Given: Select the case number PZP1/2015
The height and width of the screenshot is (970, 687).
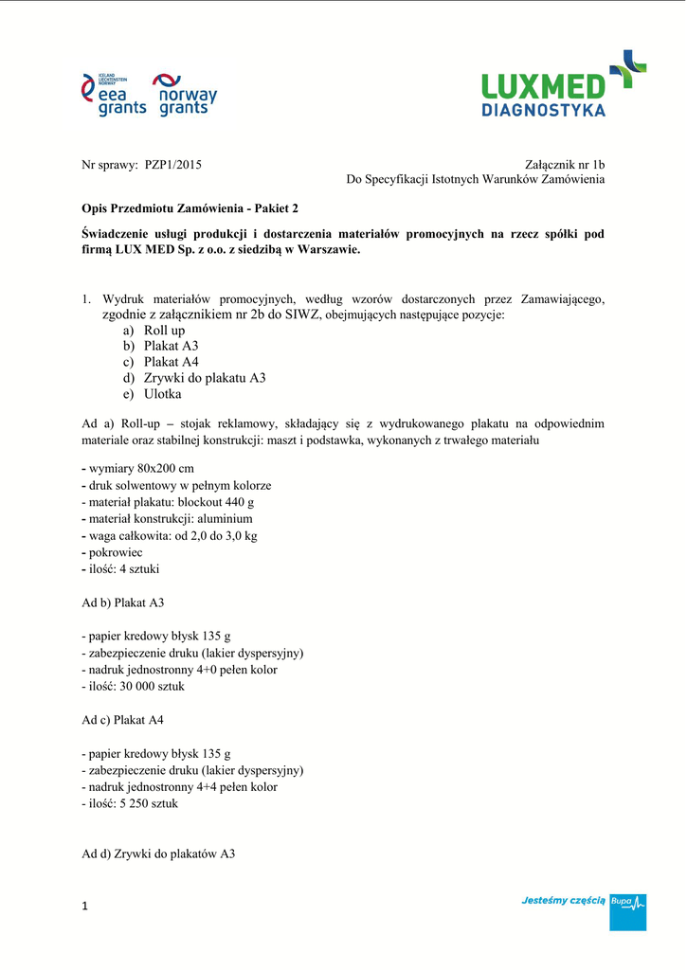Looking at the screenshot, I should pyautogui.click(x=173, y=164).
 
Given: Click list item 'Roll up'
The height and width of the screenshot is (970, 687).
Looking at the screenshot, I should pyautogui.click(x=164, y=330).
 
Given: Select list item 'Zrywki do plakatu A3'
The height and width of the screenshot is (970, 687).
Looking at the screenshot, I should pyautogui.click(x=205, y=378).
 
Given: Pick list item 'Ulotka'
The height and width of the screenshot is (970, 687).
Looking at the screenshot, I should pyautogui.click(x=162, y=394).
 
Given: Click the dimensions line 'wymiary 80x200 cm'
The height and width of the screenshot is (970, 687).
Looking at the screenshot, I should pyautogui.click(x=141, y=469).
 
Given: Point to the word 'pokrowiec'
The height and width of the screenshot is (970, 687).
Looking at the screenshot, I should pyautogui.click(x=116, y=552).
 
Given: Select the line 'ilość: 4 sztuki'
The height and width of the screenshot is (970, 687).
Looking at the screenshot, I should pyautogui.click(x=123, y=569).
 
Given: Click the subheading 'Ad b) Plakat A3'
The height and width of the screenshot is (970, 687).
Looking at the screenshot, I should pyautogui.click(x=123, y=602).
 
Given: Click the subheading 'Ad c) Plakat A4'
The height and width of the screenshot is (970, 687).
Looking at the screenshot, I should pyautogui.click(x=123, y=720).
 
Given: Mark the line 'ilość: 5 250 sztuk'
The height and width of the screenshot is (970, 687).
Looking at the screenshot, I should pyautogui.click(x=132, y=803).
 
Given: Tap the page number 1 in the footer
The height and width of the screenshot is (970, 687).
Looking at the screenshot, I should pyautogui.click(x=85, y=907).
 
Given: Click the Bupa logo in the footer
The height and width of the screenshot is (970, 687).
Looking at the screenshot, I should pyautogui.click(x=627, y=905).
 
